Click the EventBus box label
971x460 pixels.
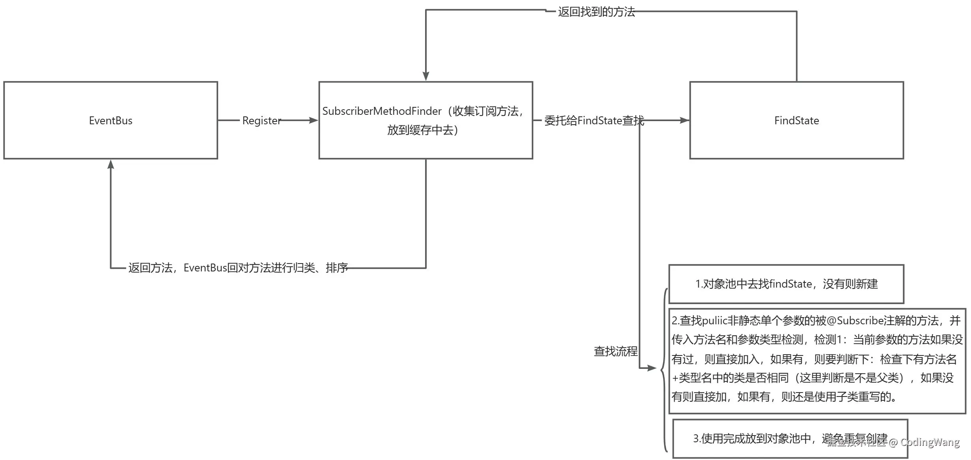[111, 121]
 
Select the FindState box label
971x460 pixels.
[797, 121]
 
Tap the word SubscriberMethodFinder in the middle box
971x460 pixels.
[382, 111]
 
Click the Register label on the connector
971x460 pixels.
[261, 121]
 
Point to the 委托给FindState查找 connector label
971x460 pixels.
[594, 121]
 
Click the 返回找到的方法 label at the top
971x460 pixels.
[596, 12]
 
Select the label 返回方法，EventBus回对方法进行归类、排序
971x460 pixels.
[238, 268]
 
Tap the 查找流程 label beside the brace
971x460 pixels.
[615, 351]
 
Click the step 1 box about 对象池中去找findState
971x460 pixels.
[786, 284]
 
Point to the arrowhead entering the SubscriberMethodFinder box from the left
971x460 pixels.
[314, 120]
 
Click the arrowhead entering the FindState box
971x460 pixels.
[684, 120]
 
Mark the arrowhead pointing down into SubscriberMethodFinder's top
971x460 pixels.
[426, 76]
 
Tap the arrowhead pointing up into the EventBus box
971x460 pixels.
[111, 165]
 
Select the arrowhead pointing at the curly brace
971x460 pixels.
[652, 368]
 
